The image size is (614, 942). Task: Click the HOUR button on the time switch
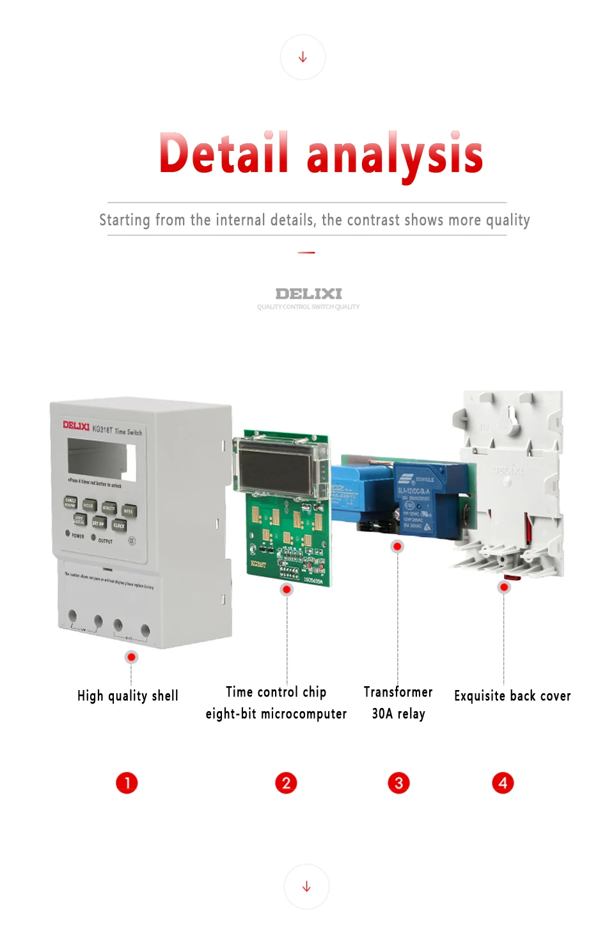click(89, 505)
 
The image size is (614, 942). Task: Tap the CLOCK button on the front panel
click(119, 526)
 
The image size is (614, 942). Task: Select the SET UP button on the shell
click(98, 523)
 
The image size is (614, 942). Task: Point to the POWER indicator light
click(68, 533)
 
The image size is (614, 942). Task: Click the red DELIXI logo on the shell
click(76, 425)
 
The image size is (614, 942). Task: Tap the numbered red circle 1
click(127, 783)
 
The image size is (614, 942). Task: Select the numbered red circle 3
click(398, 783)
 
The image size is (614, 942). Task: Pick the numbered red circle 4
click(503, 783)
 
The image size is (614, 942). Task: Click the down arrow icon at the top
click(303, 58)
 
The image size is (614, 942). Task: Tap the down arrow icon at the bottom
click(307, 886)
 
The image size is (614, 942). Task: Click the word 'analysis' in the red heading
click(395, 155)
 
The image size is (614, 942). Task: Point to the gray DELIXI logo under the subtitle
click(308, 294)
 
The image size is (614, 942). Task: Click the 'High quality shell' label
click(128, 696)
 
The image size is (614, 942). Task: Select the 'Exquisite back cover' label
click(512, 696)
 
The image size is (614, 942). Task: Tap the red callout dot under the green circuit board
click(287, 589)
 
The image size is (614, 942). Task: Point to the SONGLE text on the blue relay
click(425, 479)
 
